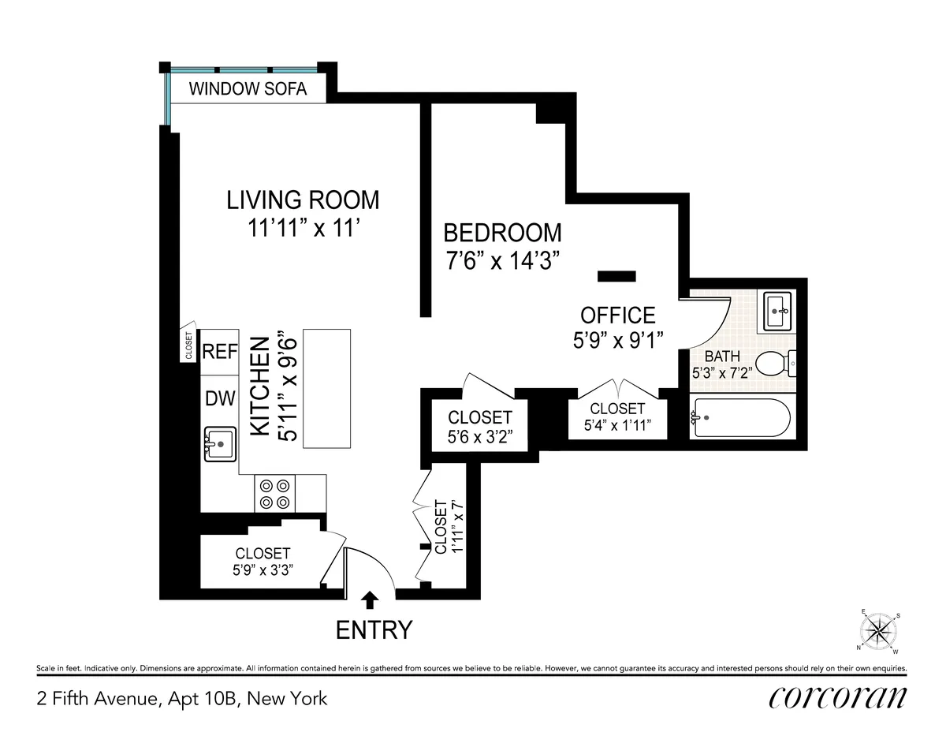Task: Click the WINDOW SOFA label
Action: point(248,88)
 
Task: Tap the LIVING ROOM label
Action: point(303,200)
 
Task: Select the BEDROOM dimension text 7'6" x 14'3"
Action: point(503,261)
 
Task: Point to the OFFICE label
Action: point(617,316)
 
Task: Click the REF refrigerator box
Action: point(220,352)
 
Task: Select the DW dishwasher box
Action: point(220,398)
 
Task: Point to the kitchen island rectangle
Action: point(326,389)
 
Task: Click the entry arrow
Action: point(370,601)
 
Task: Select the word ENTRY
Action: point(374,630)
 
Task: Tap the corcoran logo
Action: point(837,697)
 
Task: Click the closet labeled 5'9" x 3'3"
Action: point(263,562)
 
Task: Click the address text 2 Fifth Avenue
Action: point(181,698)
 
